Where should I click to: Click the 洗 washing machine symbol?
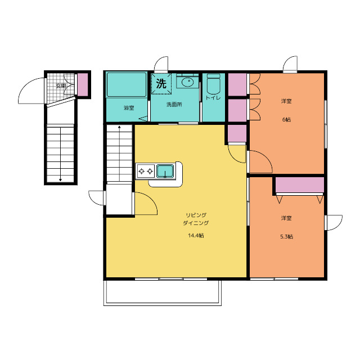click(161, 84)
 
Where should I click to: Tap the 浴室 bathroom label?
click(129, 107)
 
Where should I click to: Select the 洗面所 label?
click(174, 105)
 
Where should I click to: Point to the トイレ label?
click(213, 98)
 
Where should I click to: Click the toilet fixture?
click(214, 84)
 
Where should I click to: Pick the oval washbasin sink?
click(187, 82)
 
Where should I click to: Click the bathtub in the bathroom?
click(127, 84)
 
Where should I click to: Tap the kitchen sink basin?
click(165, 171)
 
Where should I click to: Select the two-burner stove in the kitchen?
click(146, 171)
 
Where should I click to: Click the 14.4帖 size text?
click(196, 236)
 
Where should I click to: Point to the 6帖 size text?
click(286, 119)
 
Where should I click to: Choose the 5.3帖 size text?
click(286, 236)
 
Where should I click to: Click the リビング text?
click(196, 215)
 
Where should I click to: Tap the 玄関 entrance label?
click(61, 86)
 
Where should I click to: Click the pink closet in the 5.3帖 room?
click(300, 185)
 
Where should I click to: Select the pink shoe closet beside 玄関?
click(83, 84)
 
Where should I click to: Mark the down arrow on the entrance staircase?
click(60, 154)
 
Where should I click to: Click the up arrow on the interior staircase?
click(119, 153)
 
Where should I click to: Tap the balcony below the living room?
click(163, 292)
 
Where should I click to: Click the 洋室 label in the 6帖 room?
click(286, 101)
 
